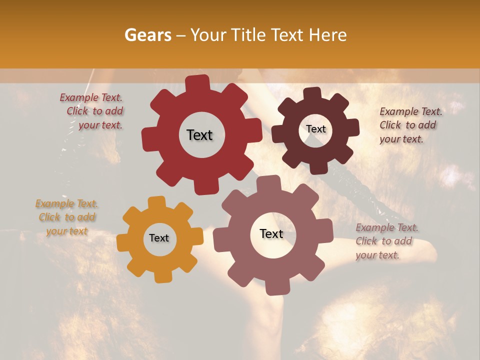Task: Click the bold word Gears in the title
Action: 147,35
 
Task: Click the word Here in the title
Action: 328,35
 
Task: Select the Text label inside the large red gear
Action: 199,135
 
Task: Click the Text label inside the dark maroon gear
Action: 315,129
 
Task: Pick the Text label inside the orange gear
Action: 159,238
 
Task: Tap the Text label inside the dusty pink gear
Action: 271,233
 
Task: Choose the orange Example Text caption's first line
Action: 66,203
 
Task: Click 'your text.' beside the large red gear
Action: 100,125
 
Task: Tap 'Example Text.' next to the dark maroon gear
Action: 411,111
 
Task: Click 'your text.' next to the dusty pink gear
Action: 377,255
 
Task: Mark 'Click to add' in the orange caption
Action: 67,217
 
